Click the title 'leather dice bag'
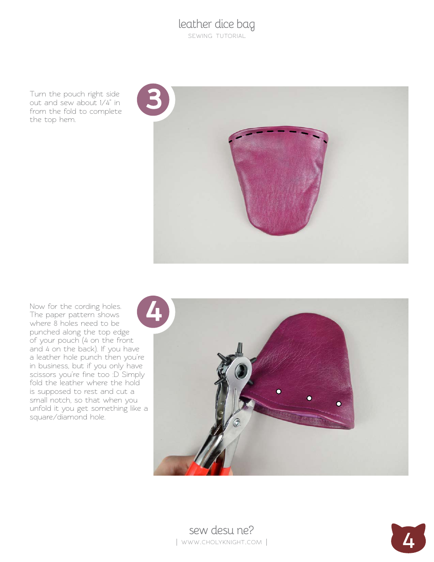tap(217, 24)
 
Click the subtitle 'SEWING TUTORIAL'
tap(217, 36)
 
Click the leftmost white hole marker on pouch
tap(278, 391)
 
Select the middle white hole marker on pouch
tap(309, 398)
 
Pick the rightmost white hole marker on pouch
tap(339, 403)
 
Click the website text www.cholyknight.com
tap(222, 542)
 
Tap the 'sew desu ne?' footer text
tap(222, 530)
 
